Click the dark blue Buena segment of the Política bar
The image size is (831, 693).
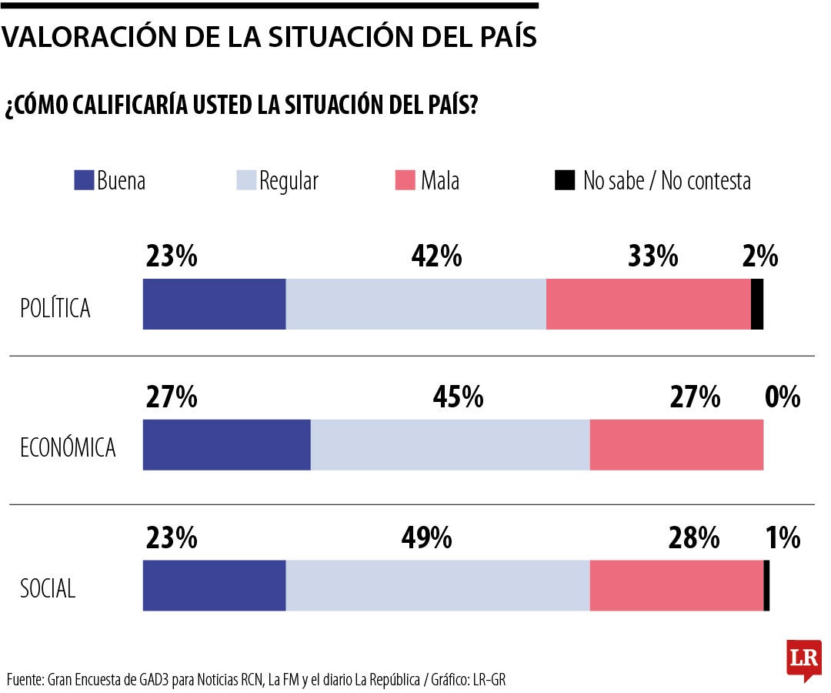(214, 304)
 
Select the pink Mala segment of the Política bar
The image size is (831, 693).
(648, 304)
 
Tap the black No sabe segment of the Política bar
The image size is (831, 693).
(756, 304)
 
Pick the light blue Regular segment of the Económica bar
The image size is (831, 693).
(450, 444)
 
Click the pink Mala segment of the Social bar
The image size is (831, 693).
(676, 586)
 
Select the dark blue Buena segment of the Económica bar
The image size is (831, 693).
(226, 444)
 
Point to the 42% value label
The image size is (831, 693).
(436, 256)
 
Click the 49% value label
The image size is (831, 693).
(426, 538)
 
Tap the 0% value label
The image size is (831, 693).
(783, 397)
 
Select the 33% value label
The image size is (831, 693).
(652, 256)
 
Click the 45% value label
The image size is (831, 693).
(458, 397)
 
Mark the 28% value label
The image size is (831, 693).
(694, 538)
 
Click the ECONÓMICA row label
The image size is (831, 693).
(68, 447)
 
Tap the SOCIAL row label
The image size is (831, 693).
(48, 589)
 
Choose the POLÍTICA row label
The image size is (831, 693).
(55, 308)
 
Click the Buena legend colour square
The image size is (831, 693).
(83, 180)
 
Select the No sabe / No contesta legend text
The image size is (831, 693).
(666, 181)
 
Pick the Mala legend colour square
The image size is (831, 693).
(405, 180)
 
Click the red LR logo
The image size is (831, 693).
(803, 659)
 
